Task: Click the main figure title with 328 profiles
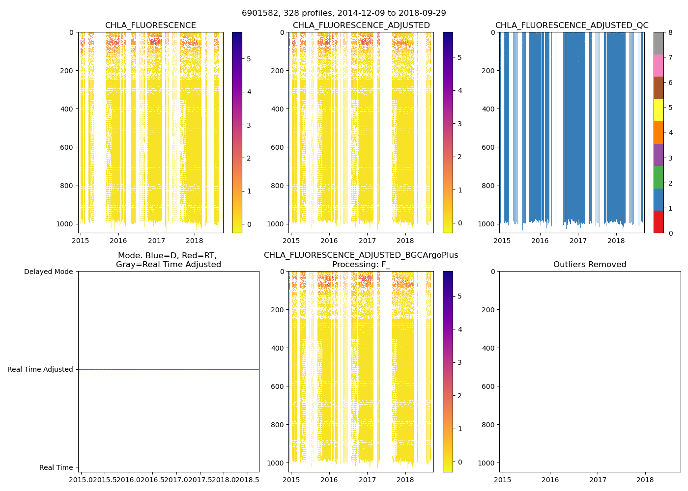coord(344,13)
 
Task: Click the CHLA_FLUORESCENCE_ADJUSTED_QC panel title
coord(572,26)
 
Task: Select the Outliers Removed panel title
coord(590,265)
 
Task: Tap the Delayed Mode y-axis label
coord(48,272)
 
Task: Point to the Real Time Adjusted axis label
coord(40,369)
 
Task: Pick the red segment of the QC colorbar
coord(659,222)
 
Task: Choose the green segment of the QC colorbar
coord(659,177)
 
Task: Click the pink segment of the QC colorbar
coord(659,66)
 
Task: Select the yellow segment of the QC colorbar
coord(659,110)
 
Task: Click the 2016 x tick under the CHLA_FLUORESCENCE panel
coord(118,241)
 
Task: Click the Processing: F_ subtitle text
coord(361,265)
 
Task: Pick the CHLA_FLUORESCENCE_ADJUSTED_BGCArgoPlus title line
coord(361,255)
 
